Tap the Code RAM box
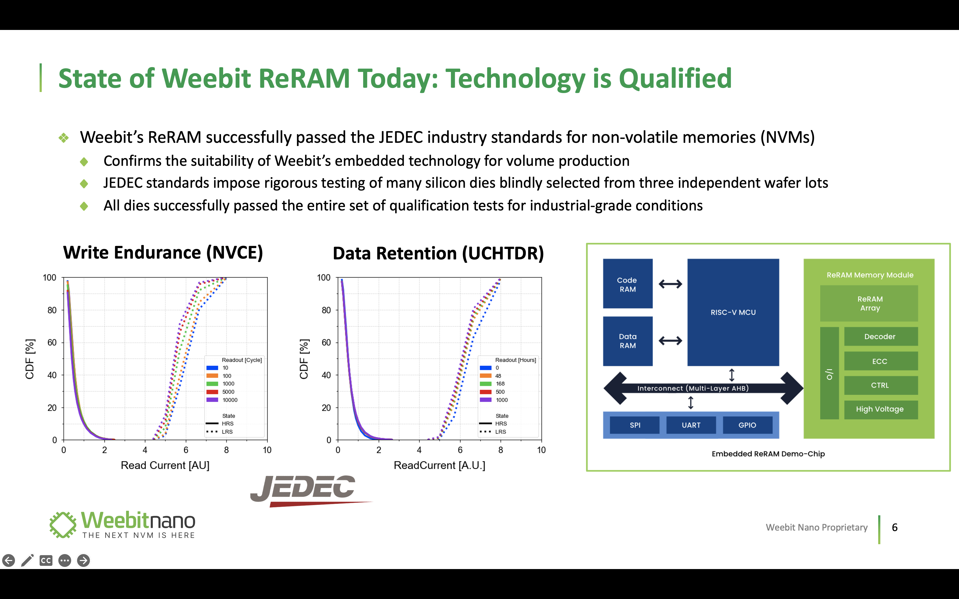(628, 284)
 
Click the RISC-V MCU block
(733, 312)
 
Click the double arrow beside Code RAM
(670, 284)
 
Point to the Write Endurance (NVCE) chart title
(163, 253)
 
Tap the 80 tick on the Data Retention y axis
(326, 310)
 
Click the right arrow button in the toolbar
(83, 560)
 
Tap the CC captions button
(46, 560)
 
